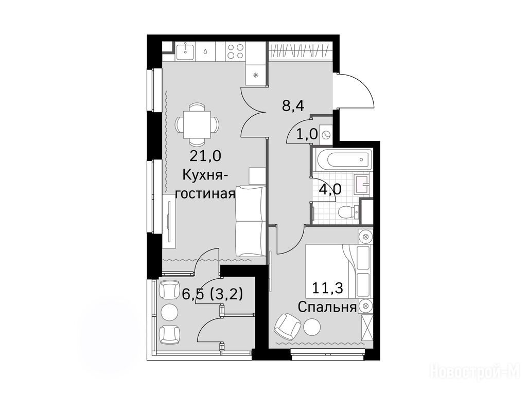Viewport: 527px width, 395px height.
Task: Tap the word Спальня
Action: (327, 307)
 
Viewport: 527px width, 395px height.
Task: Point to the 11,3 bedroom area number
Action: (328, 288)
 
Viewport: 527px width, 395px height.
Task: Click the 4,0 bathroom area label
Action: (330, 189)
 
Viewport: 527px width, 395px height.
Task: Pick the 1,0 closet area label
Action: (307, 135)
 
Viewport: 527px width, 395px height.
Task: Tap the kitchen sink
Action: (185, 52)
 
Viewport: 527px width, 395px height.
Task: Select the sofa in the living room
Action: (250, 221)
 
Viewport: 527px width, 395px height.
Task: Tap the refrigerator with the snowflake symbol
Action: (256, 75)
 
